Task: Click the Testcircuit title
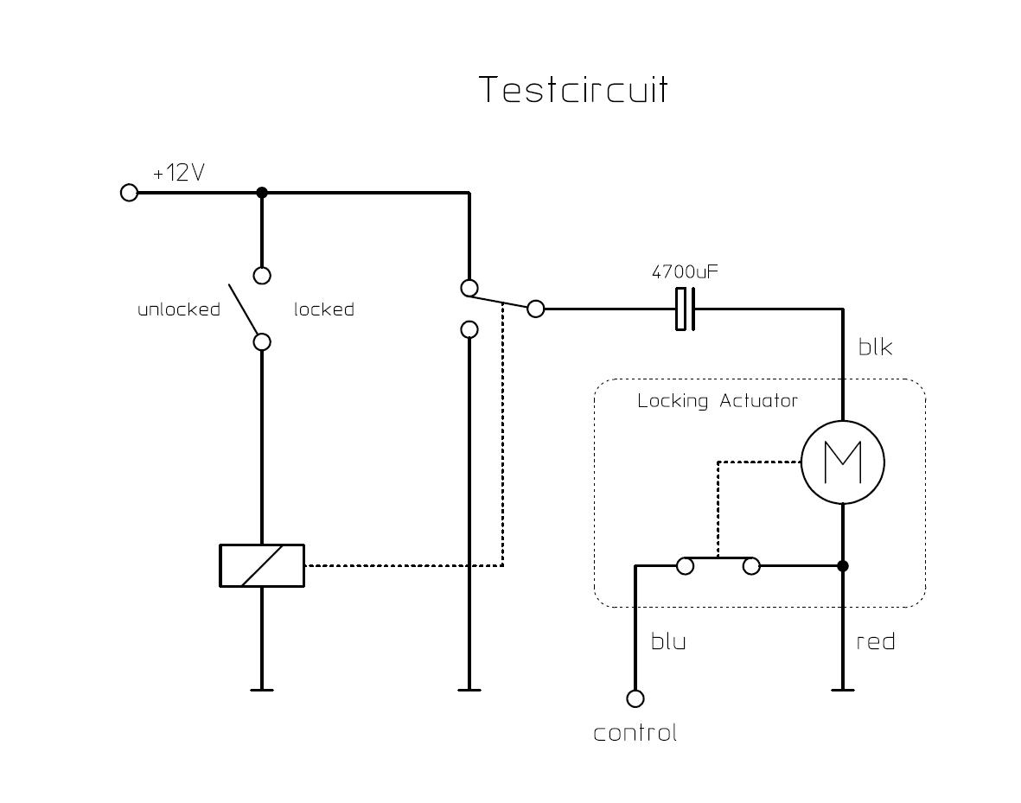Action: (x=574, y=90)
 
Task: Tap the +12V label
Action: (x=179, y=173)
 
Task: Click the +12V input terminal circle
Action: (x=129, y=192)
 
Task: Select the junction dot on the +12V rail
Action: (x=262, y=192)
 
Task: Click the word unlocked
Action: (x=179, y=309)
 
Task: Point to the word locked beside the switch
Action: (x=324, y=309)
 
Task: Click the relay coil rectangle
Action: (x=262, y=565)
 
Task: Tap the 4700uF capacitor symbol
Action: (x=685, y=309)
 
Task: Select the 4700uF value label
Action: (x=685, y=272)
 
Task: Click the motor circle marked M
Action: (x=843, y=462)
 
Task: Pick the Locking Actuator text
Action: (x=718, y=401)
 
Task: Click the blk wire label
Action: (x=875, y=347)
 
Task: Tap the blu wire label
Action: (x=668, y=642)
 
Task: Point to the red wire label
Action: (x=875, y=642)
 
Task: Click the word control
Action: (x=635, y=734)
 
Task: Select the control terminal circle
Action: (x=635, y=698)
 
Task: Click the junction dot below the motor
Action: (x=843, y=566)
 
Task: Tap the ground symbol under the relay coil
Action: (x=262, y=689)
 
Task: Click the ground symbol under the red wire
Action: (x=843, y=689)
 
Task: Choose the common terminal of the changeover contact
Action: (x=536, y=309)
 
